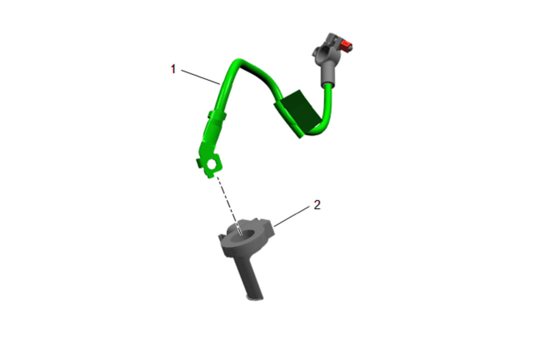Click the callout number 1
coord(173,69)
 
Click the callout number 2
coord(317,205)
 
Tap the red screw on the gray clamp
coord(347,46)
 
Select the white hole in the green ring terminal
coord(211,164)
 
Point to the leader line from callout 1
coord(201,77)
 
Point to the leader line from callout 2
coord(292,216)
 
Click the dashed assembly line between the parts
coord(229,205)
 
